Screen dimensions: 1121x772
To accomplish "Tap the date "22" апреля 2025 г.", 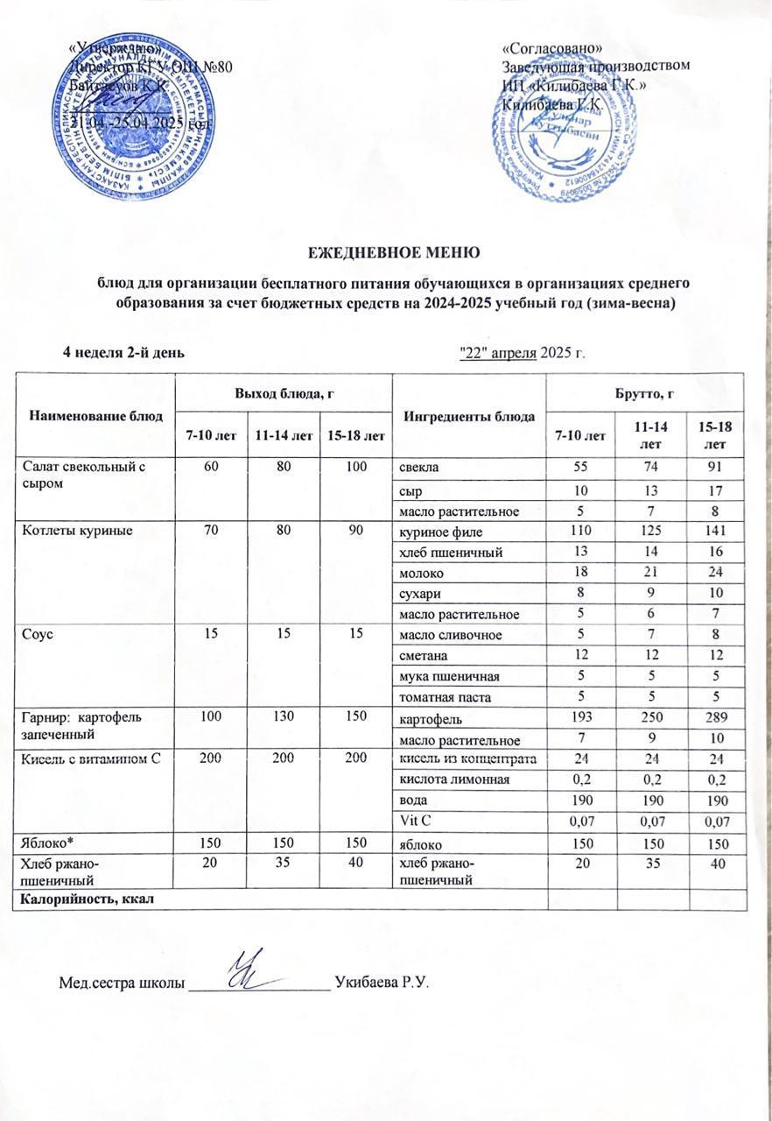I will click(523, 352).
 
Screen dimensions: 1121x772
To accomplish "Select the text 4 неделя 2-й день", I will click(123, 352).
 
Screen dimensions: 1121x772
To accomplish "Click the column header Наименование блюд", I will click(94, 415).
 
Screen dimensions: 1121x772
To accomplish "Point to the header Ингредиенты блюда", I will click(469, 415).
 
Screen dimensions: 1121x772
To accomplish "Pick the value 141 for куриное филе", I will click(716, 531).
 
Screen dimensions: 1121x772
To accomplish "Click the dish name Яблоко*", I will click(46, 843).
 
